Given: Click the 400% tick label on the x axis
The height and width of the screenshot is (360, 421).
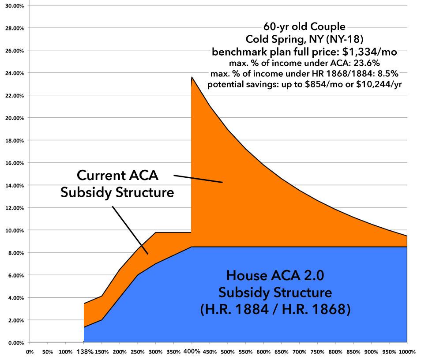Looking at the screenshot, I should coord(191,352).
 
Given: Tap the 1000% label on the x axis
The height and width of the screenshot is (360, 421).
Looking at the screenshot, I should coord(407,352).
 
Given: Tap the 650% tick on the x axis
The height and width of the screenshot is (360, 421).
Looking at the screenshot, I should coord(281,352).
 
